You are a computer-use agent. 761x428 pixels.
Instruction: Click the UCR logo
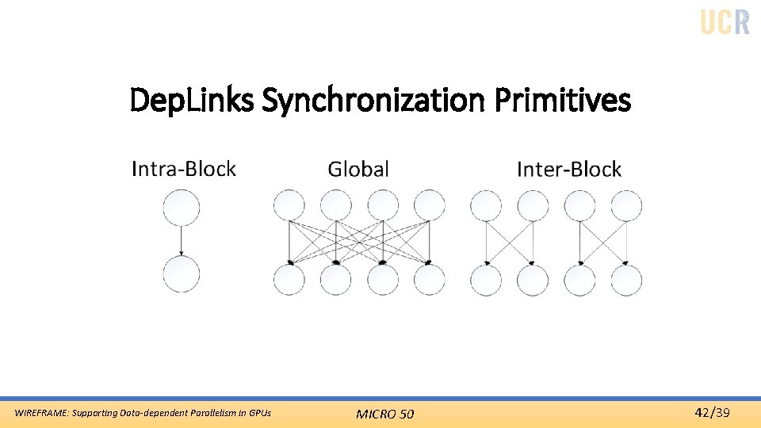(x=725, y=21)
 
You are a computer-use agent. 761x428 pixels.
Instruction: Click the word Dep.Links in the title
(x=192, y=101)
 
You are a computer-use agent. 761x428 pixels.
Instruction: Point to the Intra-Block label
(x=183, y=169)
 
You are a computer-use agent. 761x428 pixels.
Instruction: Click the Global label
(x=358, y=169)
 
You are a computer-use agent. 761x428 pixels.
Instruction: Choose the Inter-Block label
(x=568, y=169)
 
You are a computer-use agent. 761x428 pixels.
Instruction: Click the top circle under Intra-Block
(x=182, y=207)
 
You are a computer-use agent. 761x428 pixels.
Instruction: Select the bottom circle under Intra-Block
(x=182, y=273)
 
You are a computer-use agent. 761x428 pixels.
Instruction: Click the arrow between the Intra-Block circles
(x=182, y=240)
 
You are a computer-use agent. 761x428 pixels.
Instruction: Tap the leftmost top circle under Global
(x=289, y=205)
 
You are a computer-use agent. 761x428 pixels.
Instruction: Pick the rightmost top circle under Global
(x=430, y=205)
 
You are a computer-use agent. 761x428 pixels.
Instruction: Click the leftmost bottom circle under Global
(x=289, y=279)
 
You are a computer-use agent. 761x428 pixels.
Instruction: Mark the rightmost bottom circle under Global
(x=430, y=279)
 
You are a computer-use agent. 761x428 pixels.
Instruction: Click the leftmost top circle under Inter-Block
(x=486, y=205)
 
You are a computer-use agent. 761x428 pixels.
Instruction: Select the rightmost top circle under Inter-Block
(x=626, y=205)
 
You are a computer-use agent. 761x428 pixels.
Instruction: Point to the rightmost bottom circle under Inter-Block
(x=626, y=279)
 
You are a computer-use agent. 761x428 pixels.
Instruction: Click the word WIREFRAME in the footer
(x=42, y=413)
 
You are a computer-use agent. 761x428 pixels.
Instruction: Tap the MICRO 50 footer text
(x=384, y=414)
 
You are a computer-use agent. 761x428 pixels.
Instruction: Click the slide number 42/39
(x=712, y=412)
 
